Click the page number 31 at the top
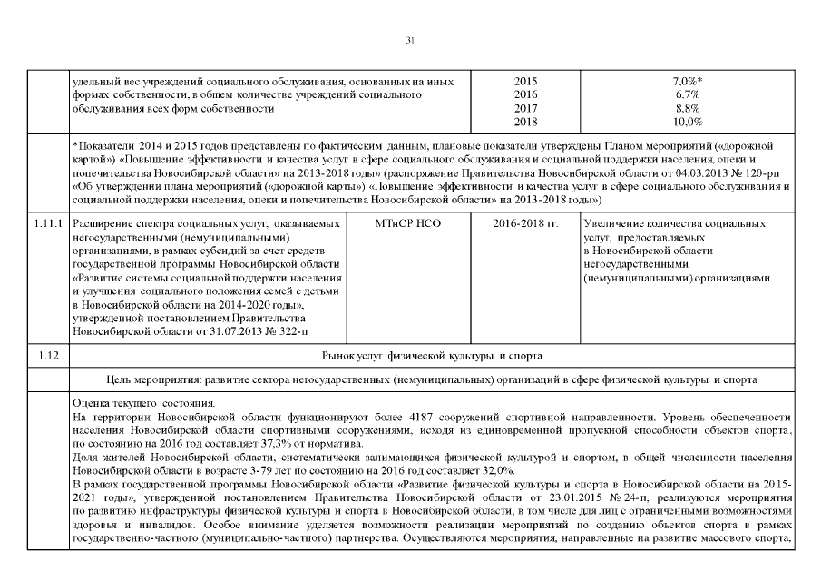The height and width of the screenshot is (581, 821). coord(410,40)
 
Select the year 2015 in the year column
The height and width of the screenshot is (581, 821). coord(525,82)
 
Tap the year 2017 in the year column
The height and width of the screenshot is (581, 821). coord(525,108)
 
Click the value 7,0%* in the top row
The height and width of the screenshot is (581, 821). coord(687,82)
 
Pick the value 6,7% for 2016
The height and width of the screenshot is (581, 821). coord(686,94)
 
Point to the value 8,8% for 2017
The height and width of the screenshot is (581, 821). coord(686,108)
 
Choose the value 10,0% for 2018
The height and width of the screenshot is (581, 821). coord(687,121)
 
